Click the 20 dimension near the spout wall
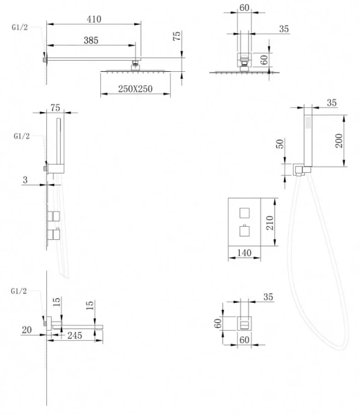(x=27, y=330)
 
